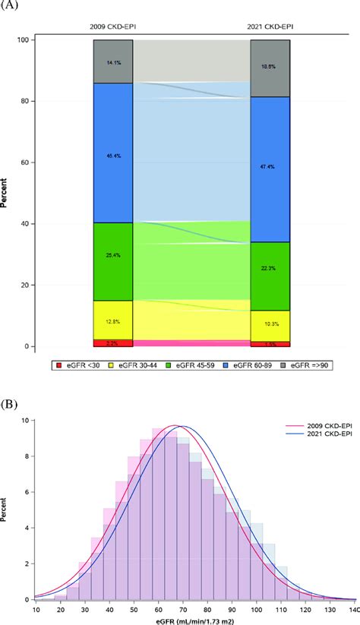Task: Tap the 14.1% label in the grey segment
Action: click(x=113, y=62)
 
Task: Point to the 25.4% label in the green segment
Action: click(x=113, y=257)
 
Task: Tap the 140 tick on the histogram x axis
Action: click(x=353, y=609)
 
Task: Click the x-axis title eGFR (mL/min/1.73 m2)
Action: click(x=195, y=620)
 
